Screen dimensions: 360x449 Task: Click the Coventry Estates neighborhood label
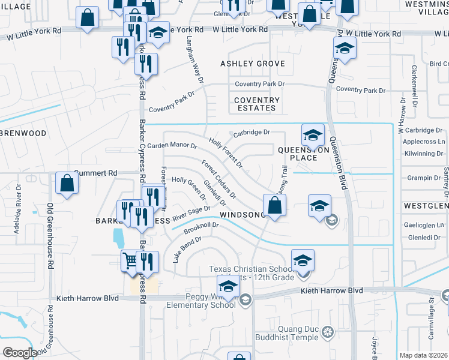click(257, 104)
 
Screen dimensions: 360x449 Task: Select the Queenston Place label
click(295, 153)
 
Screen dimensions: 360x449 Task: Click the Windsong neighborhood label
click(243, 215)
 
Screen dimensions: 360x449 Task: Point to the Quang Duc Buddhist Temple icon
click(327, 331)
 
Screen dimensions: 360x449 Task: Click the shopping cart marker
click(130, 261)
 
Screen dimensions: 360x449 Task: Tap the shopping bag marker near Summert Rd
click(67, 183)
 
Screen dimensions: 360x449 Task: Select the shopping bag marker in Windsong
click(274, 205)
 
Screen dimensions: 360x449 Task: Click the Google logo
click(19, 352)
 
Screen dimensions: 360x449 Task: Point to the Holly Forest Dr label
click(226, 152)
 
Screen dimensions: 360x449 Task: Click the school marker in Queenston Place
click(313, 135)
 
